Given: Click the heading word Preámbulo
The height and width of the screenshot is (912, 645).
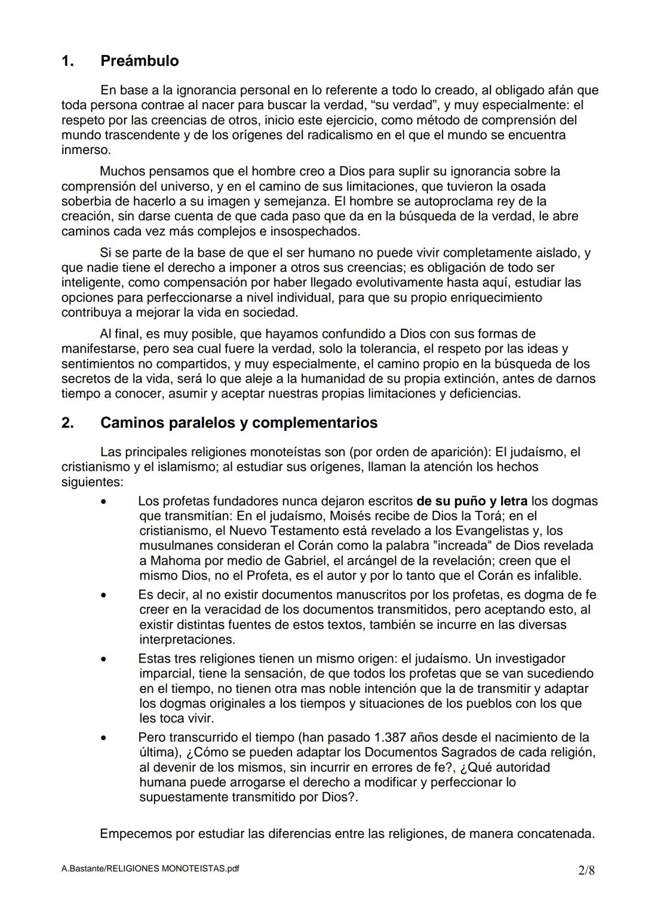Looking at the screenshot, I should tap(139, 61).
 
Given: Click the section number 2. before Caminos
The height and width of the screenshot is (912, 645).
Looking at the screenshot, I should tap(67, 423).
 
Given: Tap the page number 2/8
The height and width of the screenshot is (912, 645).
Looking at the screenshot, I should tap(586, 870).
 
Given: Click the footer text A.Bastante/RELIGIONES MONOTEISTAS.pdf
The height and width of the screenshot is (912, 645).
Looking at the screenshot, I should tap(150, 869).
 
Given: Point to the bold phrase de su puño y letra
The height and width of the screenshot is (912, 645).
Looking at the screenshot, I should tap(472, 501).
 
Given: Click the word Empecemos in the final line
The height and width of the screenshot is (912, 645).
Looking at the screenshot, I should tap(136, 833).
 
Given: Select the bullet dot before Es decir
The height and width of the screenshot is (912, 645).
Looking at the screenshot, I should tap(104, 595).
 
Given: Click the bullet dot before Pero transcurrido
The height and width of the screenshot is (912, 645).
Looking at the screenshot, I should tap(104, 738).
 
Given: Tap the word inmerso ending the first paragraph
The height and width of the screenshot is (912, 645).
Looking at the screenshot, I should tap(85, 150).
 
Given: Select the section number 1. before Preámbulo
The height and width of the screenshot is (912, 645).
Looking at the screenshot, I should tap(67, 61).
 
